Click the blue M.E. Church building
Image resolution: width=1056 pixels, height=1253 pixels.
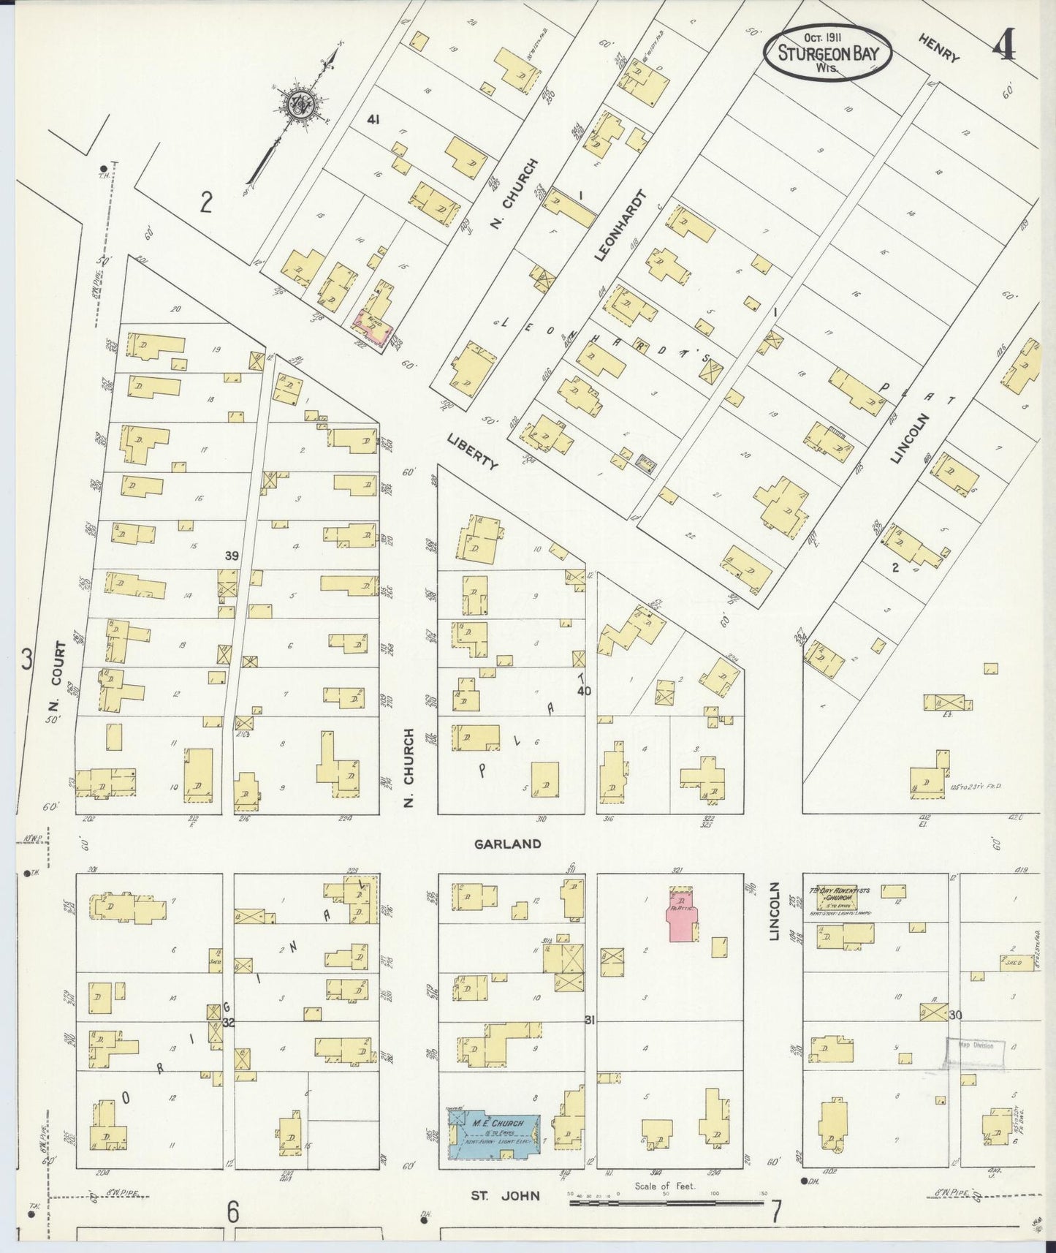(494, 1137)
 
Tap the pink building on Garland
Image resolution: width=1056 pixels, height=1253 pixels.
(682, 914)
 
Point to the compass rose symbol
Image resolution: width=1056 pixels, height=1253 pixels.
(301, 103)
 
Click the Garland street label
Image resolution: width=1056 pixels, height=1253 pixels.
(507, 844)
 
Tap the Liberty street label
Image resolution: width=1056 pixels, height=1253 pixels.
(472, 450)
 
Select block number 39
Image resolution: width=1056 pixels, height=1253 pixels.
(232, 556)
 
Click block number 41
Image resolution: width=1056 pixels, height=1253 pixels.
(374, 118)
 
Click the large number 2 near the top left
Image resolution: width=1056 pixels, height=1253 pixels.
(207, 201)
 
